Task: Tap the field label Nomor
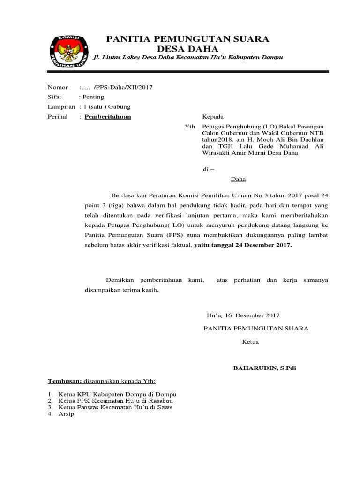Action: [x=58, y=87]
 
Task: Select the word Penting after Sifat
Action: [x=93, y=97]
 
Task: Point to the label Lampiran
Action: [x=61, y=107]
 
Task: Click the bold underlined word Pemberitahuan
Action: [x=108, y=117]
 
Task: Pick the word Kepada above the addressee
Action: [x=213, y=117]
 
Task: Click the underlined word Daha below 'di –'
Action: [x=238, y=179]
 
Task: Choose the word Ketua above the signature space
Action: [x=250, y=342]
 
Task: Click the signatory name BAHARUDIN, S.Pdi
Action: [x=264, y=368]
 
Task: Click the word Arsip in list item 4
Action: [x=66, y=414]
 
